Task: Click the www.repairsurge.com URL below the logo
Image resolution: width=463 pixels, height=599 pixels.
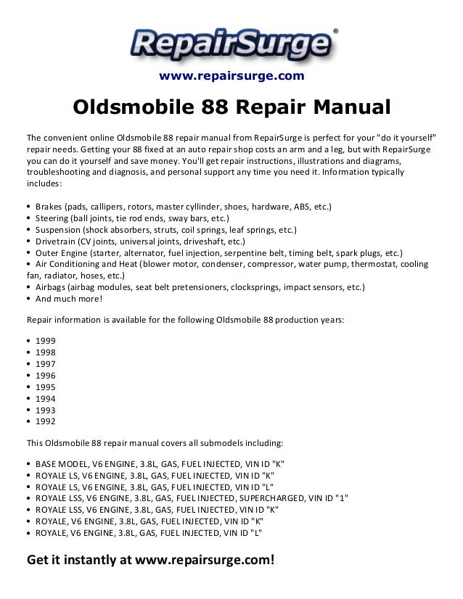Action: click(231, 76)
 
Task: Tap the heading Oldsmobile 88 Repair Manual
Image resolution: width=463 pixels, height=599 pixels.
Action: click(231, 109)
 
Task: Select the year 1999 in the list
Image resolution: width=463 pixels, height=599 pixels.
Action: click(45, 341)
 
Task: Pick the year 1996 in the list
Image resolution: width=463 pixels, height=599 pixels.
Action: click(45, 376)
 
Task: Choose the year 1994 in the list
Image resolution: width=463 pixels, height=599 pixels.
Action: click(45, 399)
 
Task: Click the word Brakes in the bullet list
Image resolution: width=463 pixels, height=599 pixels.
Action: click(49, 207)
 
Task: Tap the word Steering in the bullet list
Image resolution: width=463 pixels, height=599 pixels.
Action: click(52, 218)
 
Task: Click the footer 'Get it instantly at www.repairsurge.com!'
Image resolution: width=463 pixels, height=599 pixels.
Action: click(150, 561)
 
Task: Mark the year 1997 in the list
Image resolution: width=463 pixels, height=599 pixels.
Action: click(45, 364)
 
